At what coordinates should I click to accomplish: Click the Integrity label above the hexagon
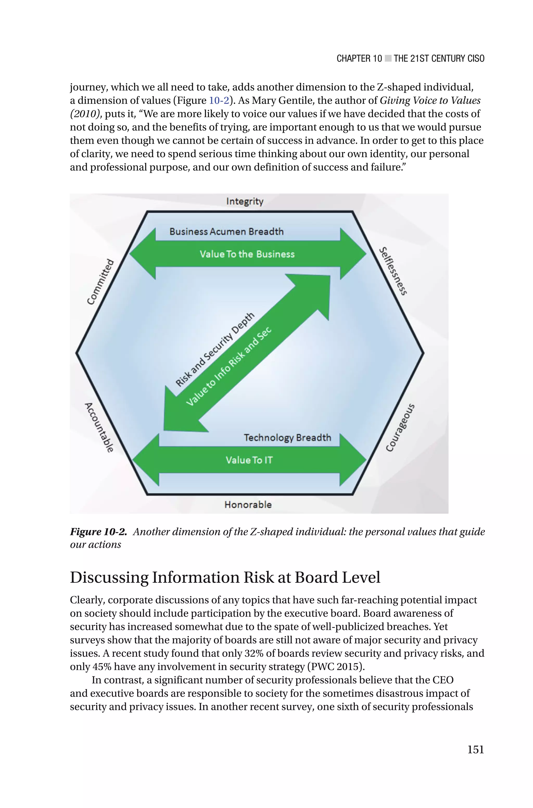[245, 201]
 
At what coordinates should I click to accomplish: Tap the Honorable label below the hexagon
[248, 505]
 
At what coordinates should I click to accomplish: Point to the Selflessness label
[393, 271]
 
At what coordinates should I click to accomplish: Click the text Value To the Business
[247, 254]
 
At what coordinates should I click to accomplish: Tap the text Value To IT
[249, 460]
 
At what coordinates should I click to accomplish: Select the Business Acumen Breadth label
[226, 232]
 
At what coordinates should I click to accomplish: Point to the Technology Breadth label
[287, 438]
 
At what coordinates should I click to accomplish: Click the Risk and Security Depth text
[215, 350]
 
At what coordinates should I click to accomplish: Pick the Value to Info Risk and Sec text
[229, 367]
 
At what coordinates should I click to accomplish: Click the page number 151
[475, 749]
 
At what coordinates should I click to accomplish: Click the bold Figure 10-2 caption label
[98, 532]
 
